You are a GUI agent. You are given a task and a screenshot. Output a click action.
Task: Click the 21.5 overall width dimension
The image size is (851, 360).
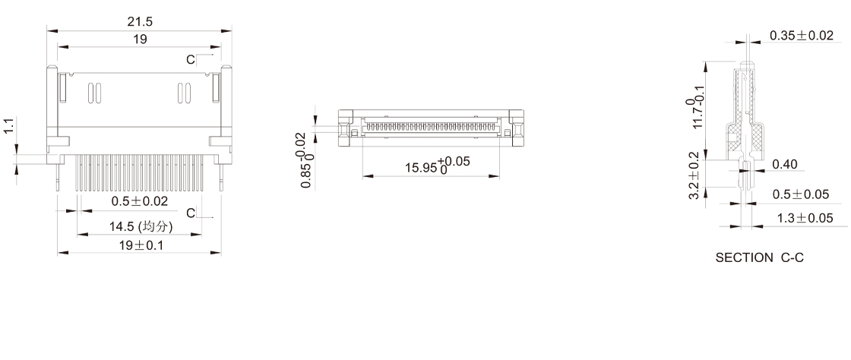140,22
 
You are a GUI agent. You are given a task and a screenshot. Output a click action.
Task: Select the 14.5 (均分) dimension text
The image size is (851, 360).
141,226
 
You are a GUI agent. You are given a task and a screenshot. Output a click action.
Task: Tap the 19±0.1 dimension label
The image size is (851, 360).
141,245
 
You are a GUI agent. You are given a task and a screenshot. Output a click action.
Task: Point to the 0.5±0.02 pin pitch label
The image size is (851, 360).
140,201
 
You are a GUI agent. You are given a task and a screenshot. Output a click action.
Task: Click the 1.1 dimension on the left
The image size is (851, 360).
8,127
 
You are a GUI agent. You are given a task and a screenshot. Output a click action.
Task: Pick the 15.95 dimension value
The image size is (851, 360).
421,168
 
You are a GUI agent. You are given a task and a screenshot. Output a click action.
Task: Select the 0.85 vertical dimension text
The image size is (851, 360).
307,175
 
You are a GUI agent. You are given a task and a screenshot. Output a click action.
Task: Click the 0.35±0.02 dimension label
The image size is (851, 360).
801,36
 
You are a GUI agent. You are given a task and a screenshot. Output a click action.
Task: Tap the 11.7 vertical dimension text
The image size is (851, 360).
698,117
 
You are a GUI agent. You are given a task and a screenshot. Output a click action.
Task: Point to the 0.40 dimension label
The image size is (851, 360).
785,164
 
